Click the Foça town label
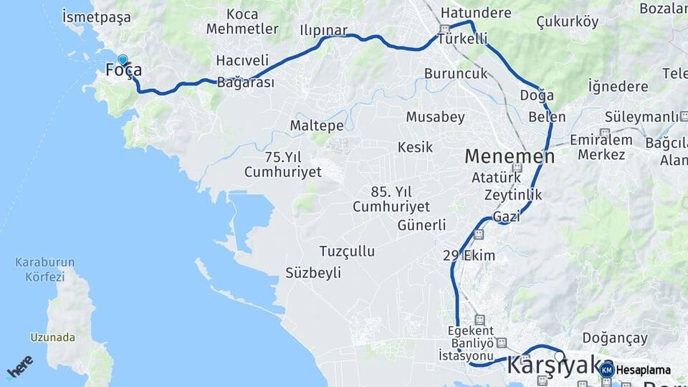[123, 71]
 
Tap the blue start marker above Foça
[123, 60]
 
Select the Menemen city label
[509, 156]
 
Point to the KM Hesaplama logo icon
[607, 370]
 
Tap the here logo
[20, 367]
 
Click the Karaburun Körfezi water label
[40, 269]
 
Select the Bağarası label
[246, 82]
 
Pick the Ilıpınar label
[324, 31]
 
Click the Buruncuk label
[456, 73]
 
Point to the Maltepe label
[317, 125]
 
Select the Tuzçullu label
[347, 251]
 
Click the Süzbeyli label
[313, 273]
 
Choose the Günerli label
[421, 225]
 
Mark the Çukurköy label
[567, 21]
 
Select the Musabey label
[435, 117]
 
